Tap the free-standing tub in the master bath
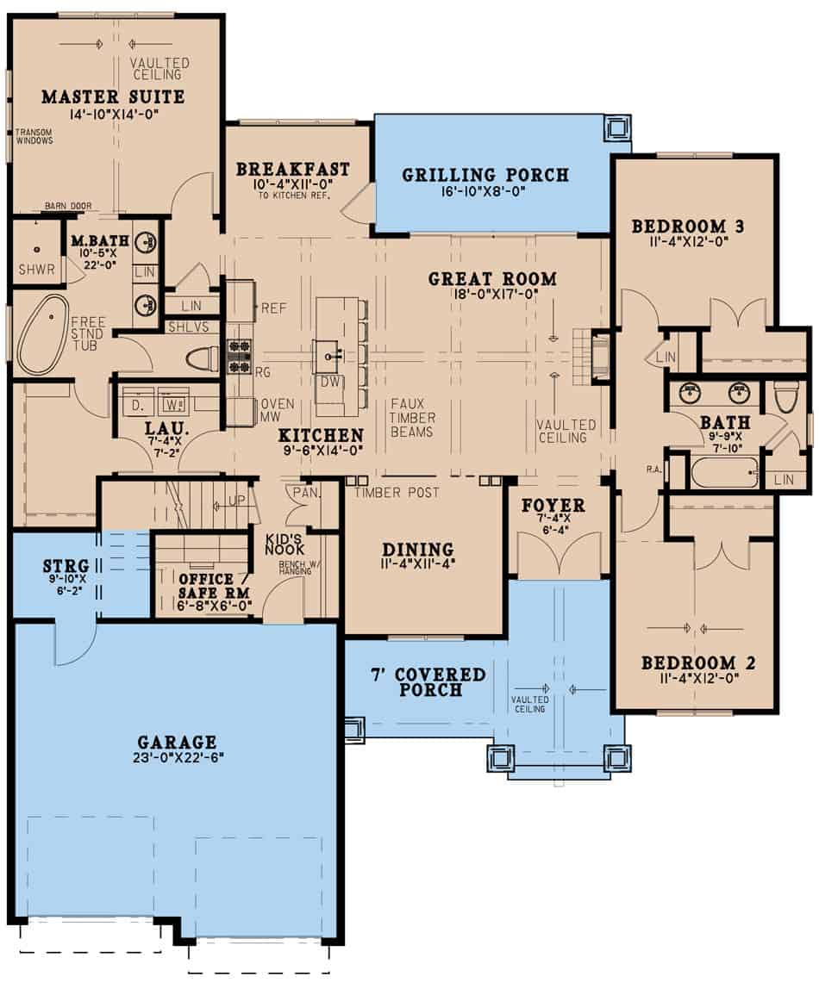(44, 334)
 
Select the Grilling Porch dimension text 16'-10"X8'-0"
(485, 192)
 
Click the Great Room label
(492, 279)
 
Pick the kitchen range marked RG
(239, 354)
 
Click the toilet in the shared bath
(785, 395)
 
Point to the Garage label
(176, 742)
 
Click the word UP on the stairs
(237, 500)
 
